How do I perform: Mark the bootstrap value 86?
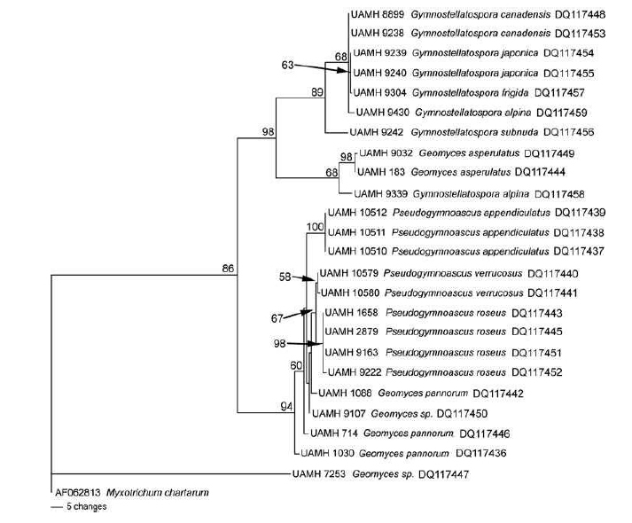pyautogui.click(x=228, y=268)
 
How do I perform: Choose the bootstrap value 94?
pyautogui.click(x=286, y=406)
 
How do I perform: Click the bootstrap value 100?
pyautogui.click(x=314, y=227)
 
